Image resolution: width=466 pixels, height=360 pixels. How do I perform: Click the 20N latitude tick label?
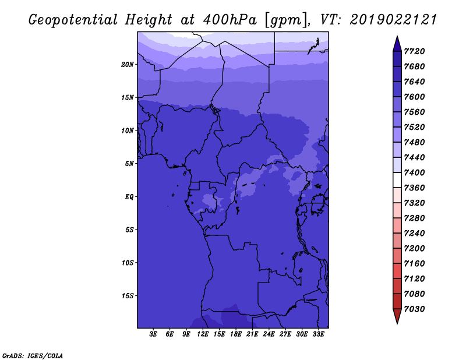pyautogui.click(x=127, y=65)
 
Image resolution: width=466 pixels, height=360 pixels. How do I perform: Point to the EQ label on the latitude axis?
pyautogui.click(x=129, y=197)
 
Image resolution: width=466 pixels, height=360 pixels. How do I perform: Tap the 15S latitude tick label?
pyautogui.click(x=127, y=296)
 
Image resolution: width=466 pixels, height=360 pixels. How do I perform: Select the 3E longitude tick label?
pyautogui.click(x=153, y=334)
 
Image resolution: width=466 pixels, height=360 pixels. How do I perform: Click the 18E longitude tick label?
pyautogui.click(x=236, y=334)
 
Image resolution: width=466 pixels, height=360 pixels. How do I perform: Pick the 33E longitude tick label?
pyautogui.click(x=318, y=334)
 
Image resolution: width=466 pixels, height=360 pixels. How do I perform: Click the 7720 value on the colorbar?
pyautogui.click(x=414, y=51)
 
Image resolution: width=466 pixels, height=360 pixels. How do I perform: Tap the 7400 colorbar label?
pyautogui.click(x=414, y=172)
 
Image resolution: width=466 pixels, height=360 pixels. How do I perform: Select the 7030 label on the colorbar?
pyautogui.click(x=414, y=309)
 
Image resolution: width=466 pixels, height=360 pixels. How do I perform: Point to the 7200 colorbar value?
pyautogui.click(x=414, y=249)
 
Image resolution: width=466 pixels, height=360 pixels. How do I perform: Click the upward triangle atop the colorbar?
pyautogui.click(x=397, y=45)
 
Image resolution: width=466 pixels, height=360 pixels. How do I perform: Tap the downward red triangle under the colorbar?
pyautogui.click(x=397, y=316)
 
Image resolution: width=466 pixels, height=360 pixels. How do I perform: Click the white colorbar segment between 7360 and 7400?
pyautogui.click(x=397, y=180)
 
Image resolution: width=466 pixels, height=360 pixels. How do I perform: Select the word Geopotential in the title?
pyautogui.click(x=73, y=20)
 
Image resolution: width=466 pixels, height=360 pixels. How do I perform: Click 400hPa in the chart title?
pyautogui.click(x=230, y=20)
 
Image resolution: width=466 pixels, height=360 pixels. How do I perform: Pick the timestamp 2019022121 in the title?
pyautogui.click(x=393, y=20)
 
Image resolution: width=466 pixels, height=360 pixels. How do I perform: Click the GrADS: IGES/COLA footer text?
pyautogui.click(x=33, y=356)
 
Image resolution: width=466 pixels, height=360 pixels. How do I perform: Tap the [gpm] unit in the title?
pyautogui.click(x=286, y=20)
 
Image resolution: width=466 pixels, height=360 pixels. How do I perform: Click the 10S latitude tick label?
pyautogui.click(x=127, y=263)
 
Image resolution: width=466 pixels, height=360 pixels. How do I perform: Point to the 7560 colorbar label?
pyautogui.click(x=414, y=112)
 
